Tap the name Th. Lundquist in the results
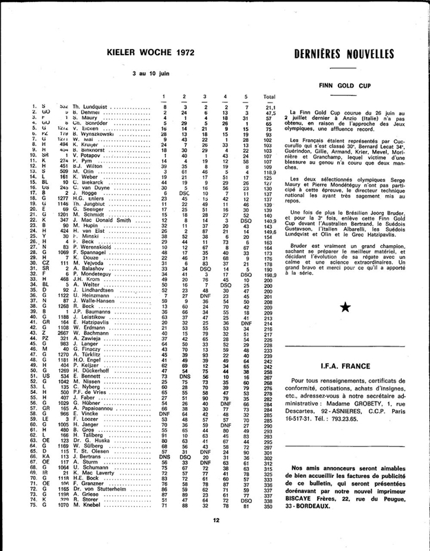88,107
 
